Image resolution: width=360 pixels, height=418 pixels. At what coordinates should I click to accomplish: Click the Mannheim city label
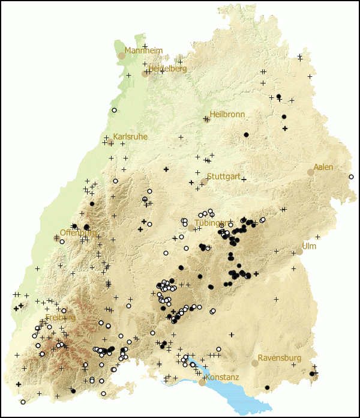[x=143, y=51]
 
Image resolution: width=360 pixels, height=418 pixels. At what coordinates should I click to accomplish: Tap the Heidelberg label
[x=167, y=68]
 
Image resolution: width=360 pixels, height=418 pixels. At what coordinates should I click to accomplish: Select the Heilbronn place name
[x=227, y=114]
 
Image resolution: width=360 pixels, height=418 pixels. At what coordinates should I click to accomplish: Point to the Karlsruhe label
[x=130, y=137]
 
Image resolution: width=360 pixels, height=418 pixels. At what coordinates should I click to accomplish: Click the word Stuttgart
[x=224, y=177]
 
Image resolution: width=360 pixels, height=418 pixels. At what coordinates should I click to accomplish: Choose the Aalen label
[x=323, y=167]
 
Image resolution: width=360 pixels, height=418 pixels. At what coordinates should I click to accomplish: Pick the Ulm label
[x=309, y=246]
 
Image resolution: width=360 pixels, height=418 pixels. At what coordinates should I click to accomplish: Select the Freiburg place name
[x=61, y=317]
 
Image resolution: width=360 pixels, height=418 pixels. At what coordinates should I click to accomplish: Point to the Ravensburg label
[x=280, y=358]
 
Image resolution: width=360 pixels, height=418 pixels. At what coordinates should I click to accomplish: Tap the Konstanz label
[x=222, y=377]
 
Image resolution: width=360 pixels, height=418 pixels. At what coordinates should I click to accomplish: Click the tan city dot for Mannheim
[x=122, y=55]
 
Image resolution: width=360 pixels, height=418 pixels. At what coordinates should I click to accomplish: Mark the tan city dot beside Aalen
[x=311, y=172]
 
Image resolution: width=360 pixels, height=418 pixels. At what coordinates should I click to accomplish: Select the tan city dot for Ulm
[x=299, y=252]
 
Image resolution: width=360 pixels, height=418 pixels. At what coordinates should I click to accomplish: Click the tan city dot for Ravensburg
[x=255, y=363]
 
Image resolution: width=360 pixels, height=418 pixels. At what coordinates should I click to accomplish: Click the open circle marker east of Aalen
[x=352, y=177]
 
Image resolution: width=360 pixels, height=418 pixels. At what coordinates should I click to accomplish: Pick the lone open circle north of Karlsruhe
[x=114, y=111]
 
